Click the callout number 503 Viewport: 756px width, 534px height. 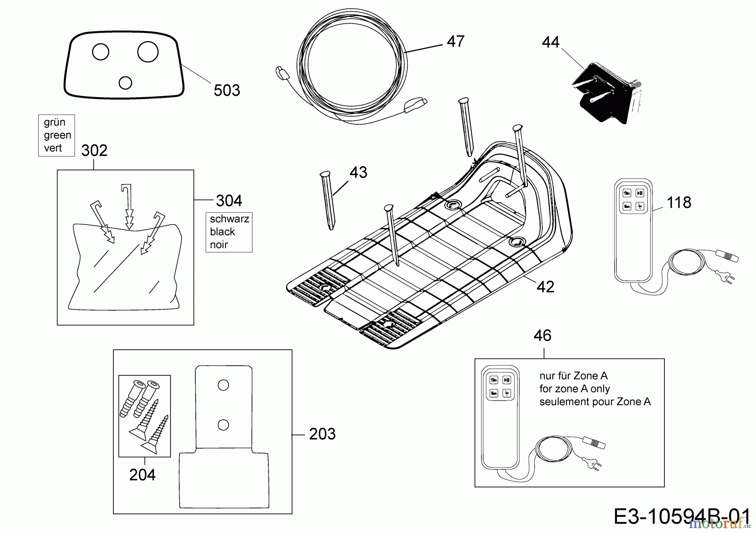pyautogui.click(x=227, y=90)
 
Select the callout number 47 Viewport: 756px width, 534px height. pyautogui.click(x=455, y=42)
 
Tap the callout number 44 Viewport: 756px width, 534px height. pyautogui.click(x=551, y=42)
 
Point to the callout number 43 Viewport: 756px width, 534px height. pyautogui.click(x=358, y=173)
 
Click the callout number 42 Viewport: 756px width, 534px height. pyautogui.click(x=545, y=287)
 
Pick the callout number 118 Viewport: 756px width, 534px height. pyautogui.click(x=679, y=203)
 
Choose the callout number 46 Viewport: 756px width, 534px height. pyautogui.click(x=542, y=336)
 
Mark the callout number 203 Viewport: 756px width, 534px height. pyautogui.click(x=322, y=434)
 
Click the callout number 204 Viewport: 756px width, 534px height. pyautogui.click(x=142, y=475)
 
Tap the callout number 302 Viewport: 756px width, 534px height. pyautogui.click(x=94, y=150)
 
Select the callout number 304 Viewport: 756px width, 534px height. pyautogui.click(x=229, y=201)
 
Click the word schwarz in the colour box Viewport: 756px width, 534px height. pyautogui.click(x=229, y=219)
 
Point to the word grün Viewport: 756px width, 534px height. pyautogui.click(x=55, y=122)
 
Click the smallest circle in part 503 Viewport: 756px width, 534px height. pyautogui.click(x=125, y=83)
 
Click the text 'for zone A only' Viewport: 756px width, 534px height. pyautogui.click(x=575, y=389)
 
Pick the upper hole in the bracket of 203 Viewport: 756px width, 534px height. pyautogui.click(x=223, y=385)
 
